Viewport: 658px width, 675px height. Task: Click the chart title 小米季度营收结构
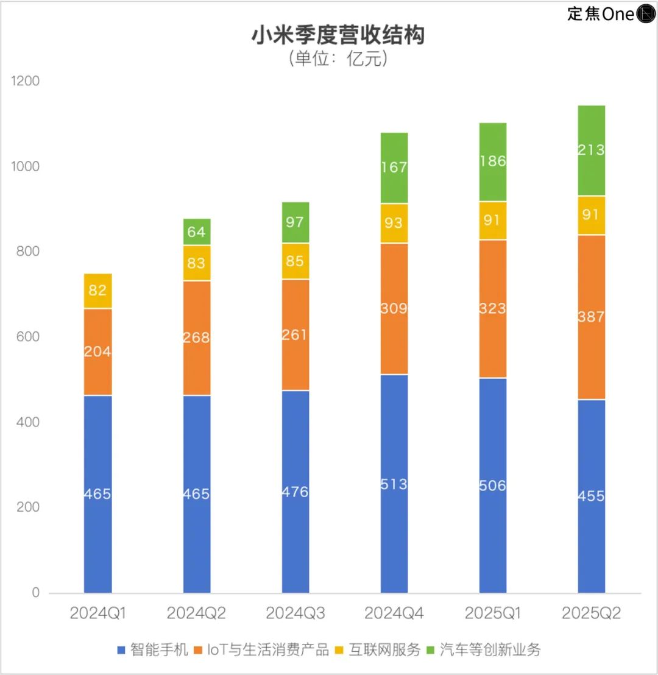[x=338, y=35]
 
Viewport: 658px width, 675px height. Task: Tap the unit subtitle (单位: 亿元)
[x=338, y=59]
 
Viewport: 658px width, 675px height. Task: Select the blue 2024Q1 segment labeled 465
[x=97, y=493]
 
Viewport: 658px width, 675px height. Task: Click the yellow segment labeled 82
[x=97, y=291]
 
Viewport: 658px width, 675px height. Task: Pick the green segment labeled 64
[x=197, y=232]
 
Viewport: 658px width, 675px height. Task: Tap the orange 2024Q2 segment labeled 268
[x=197, y=337]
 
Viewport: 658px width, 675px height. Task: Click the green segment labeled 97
[x=295, y=222]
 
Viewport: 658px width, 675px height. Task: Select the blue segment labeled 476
[x=295, y=491]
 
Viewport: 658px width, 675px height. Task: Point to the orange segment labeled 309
[x=394, y=308]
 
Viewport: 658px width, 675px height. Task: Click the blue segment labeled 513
[x=394, y=484]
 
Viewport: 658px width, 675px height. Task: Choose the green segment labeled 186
[x=493, y=161]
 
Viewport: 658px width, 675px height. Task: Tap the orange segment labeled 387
[x=592, y=317]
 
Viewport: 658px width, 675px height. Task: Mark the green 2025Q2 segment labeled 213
[x=592, y=150]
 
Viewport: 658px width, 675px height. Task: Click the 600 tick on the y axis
[x=27, y=337]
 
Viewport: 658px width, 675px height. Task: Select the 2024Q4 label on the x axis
[x=394, y=613]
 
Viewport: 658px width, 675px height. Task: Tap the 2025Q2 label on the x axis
[x=592, y=613]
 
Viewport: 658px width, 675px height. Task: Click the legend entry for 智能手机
[x=153, y=649]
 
